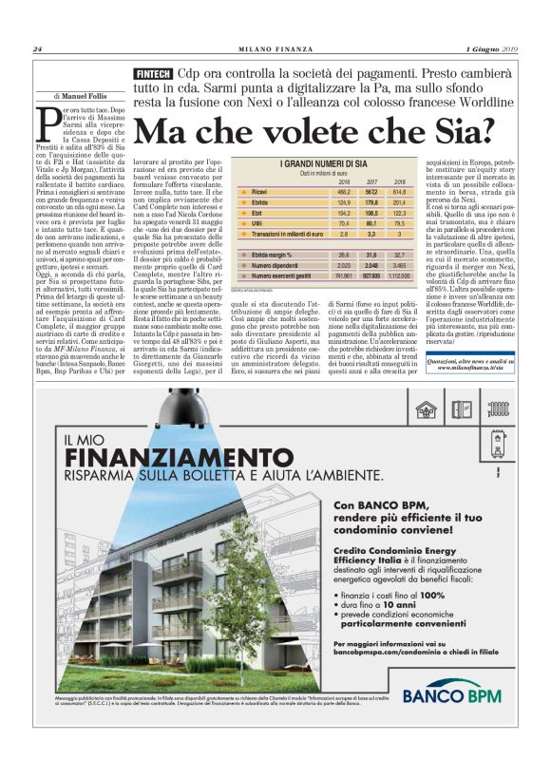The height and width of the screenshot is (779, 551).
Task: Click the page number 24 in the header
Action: click(37, 49)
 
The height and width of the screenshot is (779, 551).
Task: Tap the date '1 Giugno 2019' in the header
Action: click(491, 49)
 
